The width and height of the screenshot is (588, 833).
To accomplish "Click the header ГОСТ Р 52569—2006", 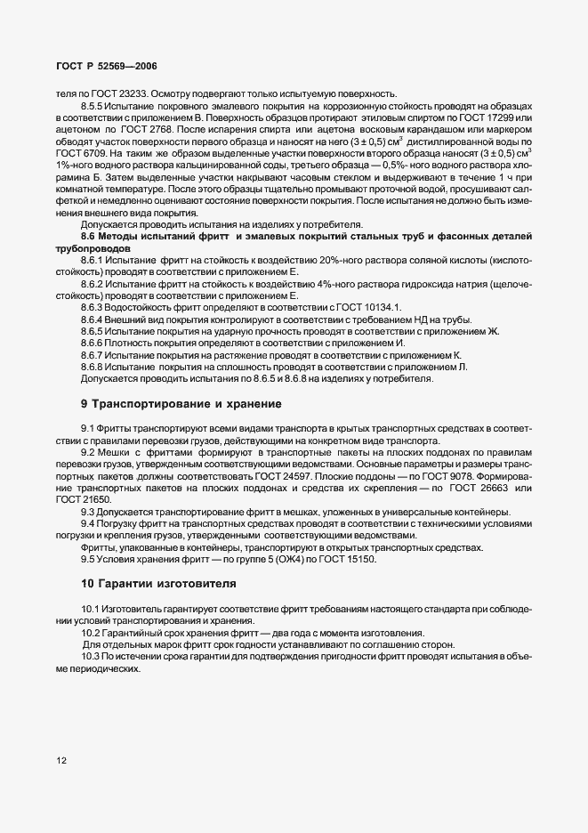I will click(x=106, y=68).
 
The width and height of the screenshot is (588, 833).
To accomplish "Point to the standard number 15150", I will click(x=359, y=559).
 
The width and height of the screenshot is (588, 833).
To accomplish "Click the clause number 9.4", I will click(x=89, y=523).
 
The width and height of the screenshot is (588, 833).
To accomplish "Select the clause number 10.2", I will click(x=93, y=633).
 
